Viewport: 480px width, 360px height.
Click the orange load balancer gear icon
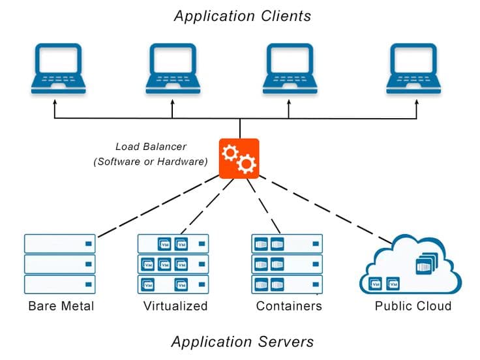point(238,158)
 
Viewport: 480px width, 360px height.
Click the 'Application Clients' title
point(243,16)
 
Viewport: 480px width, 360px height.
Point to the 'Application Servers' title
point(242,341)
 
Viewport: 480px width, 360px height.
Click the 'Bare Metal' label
point(61,306)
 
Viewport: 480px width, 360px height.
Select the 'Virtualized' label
point(175,306)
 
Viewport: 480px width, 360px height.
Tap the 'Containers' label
point(289,306)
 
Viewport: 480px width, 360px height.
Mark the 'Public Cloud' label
point(413,306)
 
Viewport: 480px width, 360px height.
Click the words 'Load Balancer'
point(152,147)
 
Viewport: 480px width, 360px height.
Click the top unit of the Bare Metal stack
point(60,243)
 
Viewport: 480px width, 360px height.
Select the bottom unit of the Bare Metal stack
point(60,284)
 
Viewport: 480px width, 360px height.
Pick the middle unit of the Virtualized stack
point(173,264)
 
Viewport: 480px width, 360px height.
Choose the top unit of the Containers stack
point(287,243)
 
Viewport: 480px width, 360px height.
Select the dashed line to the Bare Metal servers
point(157,206)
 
